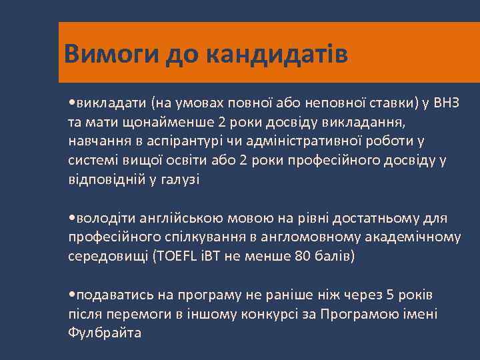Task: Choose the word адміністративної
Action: (326, 142)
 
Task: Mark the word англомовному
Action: (327, 237)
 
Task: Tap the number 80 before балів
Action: (302, 256)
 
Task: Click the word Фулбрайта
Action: (105, 333)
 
